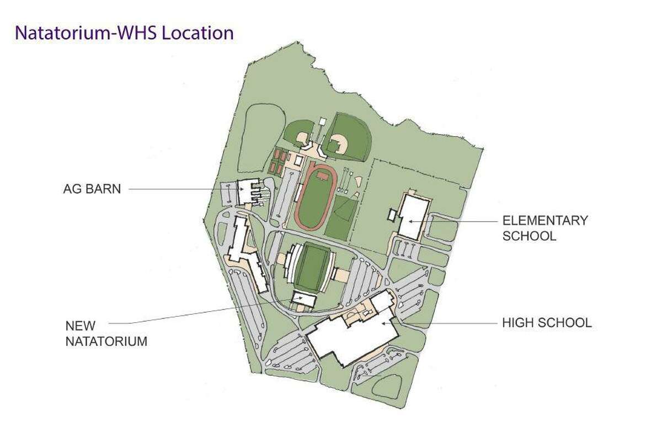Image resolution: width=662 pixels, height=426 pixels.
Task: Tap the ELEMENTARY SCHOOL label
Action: (544, 228)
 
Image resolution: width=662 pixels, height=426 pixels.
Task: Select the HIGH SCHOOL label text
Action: (546, 322)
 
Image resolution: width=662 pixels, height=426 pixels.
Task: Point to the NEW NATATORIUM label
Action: (106, 333)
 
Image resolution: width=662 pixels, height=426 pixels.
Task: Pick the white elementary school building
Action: (413, 216)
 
